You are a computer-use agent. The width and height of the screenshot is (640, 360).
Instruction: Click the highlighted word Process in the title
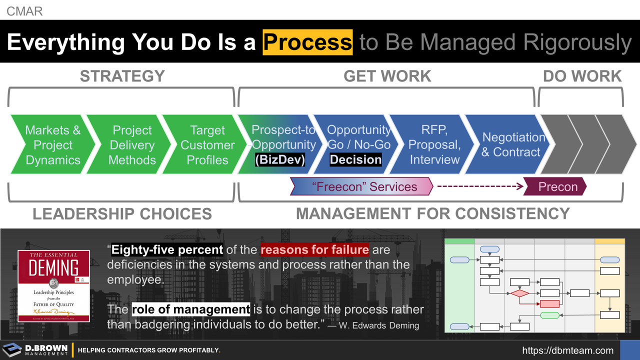[x=307, y=42]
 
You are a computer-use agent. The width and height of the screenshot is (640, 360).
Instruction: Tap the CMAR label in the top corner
[x=24, y=10]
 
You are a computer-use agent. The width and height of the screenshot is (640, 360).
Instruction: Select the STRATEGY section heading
[x=122, y=76]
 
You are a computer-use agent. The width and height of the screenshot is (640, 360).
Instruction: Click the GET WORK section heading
[x=387, y=76]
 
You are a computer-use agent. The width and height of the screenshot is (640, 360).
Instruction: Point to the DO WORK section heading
[x=582, y=76]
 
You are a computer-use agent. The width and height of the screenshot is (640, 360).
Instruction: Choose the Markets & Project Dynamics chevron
[x=52, y=145]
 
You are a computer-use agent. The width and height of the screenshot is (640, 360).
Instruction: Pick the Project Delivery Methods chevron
[x=131, y=145]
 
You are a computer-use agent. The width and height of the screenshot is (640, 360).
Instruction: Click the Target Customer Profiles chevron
[x=207, y=145]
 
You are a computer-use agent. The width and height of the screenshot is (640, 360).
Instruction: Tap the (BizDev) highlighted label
[x=280, y=160]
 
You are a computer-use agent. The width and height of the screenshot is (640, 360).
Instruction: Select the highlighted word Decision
[x=355, y=160]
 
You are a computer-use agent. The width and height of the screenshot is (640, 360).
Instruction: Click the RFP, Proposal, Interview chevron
[x=434, y=145]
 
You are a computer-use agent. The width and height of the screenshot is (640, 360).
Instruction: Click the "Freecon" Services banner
[x=364, y=187]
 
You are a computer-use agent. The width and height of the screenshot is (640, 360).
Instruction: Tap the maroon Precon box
[x=557, y=187]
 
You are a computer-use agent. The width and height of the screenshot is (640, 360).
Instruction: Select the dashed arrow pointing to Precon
[x=480, y=187]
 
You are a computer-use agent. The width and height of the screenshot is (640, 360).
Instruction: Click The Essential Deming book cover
[x=53, y=285]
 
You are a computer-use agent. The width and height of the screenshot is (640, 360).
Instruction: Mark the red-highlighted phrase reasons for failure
[x=314, y=249]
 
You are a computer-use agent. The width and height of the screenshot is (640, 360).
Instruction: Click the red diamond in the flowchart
[x=519, y=293]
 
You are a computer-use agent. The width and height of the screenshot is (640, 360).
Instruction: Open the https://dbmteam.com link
[x=567, y=350]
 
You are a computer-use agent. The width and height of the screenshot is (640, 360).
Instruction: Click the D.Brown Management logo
[x=35, y=350]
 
